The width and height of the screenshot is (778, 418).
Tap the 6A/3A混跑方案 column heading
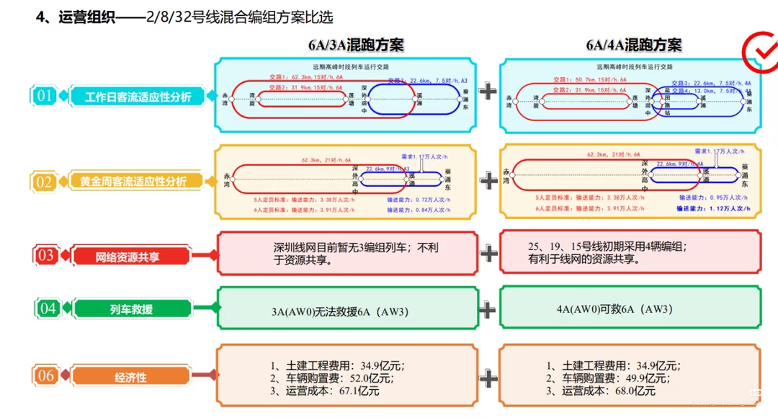point(356,45)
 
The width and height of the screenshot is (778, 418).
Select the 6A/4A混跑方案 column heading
point(633,45)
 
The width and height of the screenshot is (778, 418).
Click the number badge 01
point(45,96)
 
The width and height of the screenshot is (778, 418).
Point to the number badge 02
point(45,182)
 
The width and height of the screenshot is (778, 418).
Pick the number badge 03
point(45,255)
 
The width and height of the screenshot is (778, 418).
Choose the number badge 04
point(48,309)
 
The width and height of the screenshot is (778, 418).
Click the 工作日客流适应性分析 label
point(138,97)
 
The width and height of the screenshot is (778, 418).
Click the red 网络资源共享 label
point(128,256)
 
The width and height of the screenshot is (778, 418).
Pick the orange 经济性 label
point(130,377)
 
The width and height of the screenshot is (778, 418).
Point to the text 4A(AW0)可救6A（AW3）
point(614,309)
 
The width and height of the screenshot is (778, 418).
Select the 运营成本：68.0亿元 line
point(600,391)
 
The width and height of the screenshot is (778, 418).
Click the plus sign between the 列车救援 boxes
point(488,310)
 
